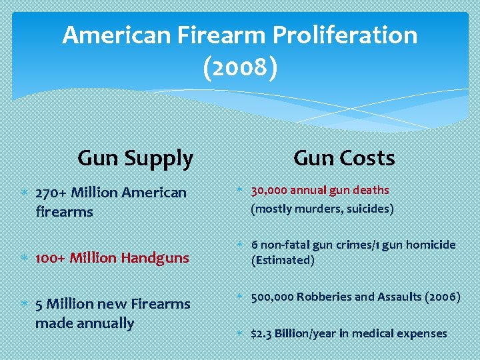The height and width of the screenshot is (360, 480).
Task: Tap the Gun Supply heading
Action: [135, 159]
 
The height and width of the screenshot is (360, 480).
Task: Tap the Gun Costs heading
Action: [344, 159]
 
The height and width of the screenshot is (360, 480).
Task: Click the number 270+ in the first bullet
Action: [51, 193]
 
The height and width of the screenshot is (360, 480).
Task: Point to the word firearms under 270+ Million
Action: [64, 212]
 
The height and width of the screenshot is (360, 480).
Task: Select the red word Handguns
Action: [156, 257]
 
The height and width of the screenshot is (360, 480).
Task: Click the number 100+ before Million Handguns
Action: [51, 257]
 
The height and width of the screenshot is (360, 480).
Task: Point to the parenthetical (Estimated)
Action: [282, 261]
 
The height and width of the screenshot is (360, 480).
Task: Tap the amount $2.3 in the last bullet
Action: [262, 333]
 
